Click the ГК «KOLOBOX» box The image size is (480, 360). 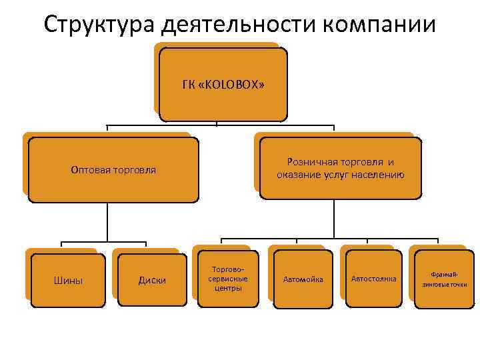tap(223, 85)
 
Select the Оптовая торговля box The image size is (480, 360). tap(113, 169)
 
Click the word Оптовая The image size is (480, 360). tap(89, 169)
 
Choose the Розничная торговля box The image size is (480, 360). tap(341, 169)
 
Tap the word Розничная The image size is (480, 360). tap(314, 162)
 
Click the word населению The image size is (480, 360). tap(379, 175)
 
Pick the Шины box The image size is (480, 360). tap(67, 280)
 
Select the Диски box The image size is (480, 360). tap(152, 280)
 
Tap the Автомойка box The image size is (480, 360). tap(303, 279)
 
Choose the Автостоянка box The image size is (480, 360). tap(374, 279)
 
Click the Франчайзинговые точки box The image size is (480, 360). tap(444, 279)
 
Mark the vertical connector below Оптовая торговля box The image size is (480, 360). tap(107, 221)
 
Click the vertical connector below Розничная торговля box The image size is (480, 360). tap(331, 219)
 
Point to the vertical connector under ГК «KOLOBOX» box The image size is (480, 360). tap(223, 123)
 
